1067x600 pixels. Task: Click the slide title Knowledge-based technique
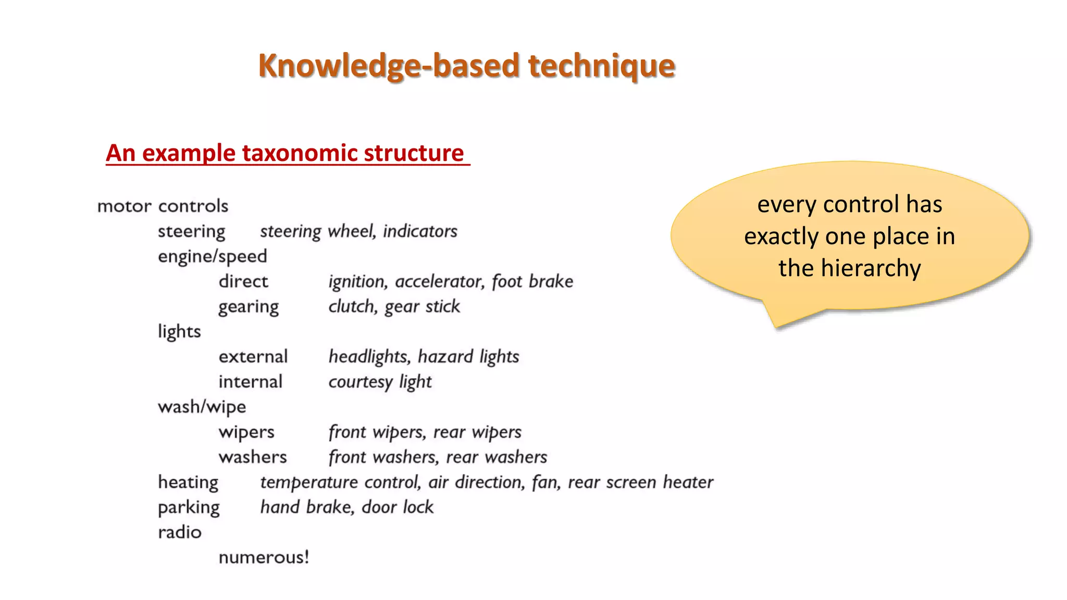[466, 66]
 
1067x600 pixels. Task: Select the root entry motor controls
[163, 206]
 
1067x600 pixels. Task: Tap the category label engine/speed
[212, 257]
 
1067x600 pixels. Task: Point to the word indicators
[420, 231]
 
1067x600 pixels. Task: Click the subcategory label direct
[243, 282]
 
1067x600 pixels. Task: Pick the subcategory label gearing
[249, 307]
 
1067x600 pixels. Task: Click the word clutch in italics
[352, 306]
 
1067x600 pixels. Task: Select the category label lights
[179, 332]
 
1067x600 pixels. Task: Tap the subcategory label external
[253, 357]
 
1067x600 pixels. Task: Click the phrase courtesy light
[380, 382]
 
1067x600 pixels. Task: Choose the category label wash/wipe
[202, 407]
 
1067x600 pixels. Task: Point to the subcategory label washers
[253, 457]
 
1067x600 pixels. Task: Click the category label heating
[188, 483]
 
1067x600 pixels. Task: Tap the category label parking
[189, 508]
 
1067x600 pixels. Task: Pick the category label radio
[179, 532]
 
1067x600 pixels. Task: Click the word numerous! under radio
[264, 558]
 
